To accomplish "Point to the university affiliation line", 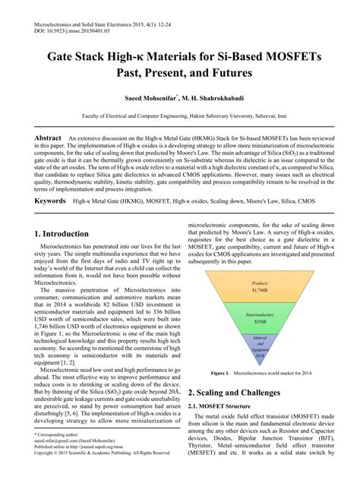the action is pos(179,118).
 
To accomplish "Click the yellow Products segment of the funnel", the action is pos(261,287).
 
